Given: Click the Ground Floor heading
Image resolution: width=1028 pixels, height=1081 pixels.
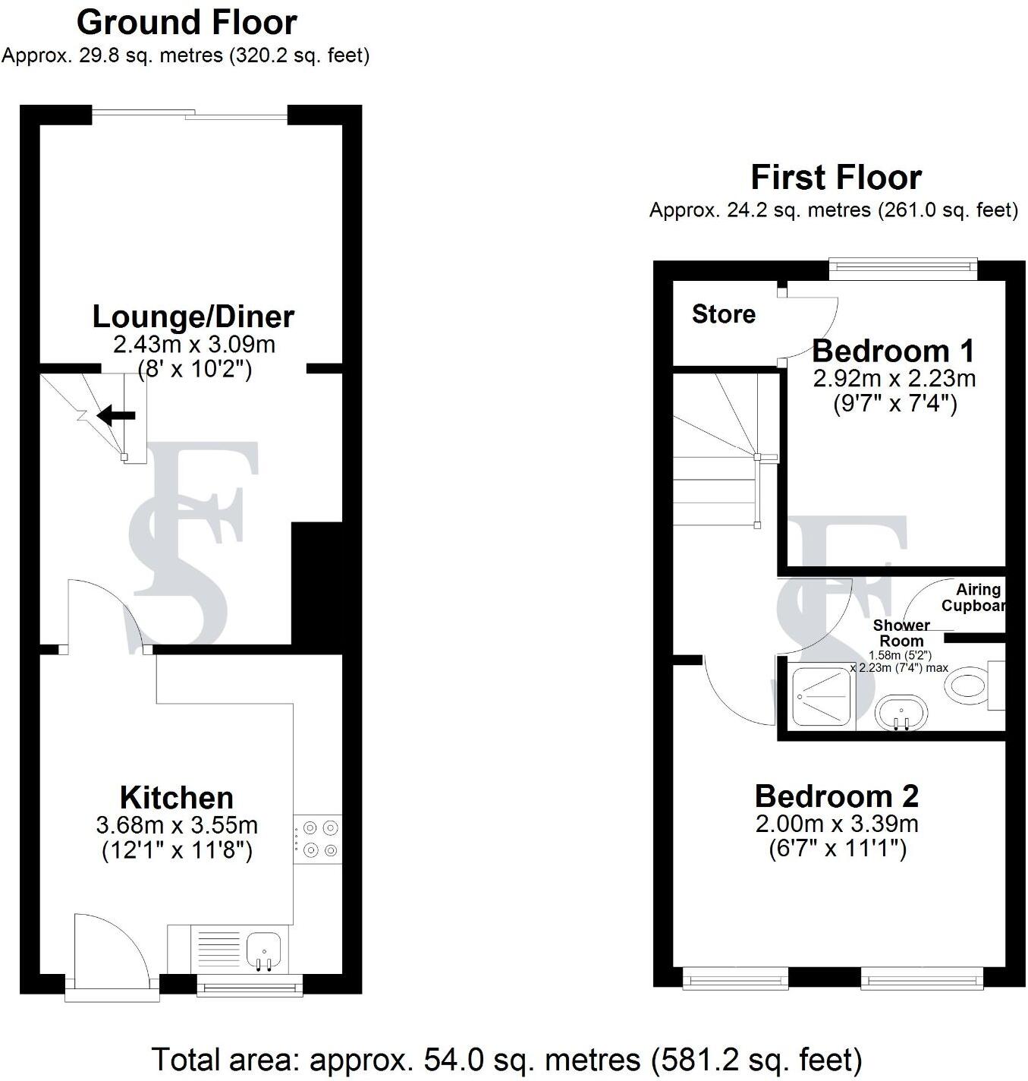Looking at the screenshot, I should (x=187, y=23).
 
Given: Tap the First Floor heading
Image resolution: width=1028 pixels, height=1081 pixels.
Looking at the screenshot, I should (x=836, y=178).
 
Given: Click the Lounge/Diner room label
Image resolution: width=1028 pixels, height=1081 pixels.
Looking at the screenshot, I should (x=193, y=317).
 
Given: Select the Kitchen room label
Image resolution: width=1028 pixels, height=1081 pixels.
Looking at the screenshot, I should (x=177, y=798).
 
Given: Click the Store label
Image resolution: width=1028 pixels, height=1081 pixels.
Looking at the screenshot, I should (x=723, y=314).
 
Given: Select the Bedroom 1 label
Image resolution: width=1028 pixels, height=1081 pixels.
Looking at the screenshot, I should (x=893, y=351).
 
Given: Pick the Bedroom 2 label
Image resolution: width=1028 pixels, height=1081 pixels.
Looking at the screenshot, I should (x=836, y=796).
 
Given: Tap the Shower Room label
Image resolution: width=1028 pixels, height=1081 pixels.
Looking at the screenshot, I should (x=901, y=632).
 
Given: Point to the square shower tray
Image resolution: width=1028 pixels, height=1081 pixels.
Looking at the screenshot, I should (x=822, y=696).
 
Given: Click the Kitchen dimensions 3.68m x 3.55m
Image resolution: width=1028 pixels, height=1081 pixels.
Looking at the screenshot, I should (x=177, y=824).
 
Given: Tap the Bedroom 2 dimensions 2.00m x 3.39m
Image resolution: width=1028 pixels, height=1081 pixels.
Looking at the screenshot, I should (x=837, y=823).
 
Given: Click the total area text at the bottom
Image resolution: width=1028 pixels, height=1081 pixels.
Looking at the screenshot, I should (x=507, y=1059).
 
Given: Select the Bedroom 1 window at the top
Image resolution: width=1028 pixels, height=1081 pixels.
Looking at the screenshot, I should (x=903, y=267).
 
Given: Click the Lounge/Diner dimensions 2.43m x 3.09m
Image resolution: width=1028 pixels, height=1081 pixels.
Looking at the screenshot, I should (x=193, y=345).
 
